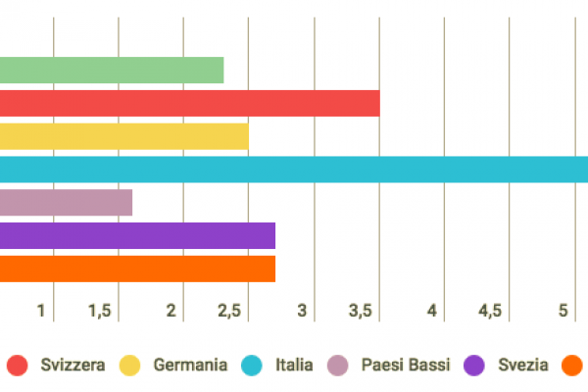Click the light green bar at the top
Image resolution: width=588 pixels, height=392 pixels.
click(x=112, y=71)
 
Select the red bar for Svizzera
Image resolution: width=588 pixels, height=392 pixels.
click(x=189, y=103)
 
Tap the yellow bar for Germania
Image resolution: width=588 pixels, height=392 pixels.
click(x=124, y=136)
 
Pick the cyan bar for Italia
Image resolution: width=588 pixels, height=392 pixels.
click(x=294, y=170)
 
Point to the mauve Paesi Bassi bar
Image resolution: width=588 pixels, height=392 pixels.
click(x=66, y=203)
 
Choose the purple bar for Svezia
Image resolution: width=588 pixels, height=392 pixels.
click(x=137, y=236)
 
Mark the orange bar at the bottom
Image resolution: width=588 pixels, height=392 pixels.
click(x=137, y=269)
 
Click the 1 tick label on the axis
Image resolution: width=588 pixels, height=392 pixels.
click(x=41, y=311)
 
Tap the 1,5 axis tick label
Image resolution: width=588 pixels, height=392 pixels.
click(x=99, y=311)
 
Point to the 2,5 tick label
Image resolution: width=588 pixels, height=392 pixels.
click(x=229, y=311)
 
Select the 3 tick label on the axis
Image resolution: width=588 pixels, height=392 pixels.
click(x=302, y=311)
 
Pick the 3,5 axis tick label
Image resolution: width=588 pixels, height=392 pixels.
click(x=360, y=311)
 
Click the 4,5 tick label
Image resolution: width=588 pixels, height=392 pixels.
click(x=490, y=311)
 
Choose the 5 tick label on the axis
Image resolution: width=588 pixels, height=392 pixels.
click(x=563, y=311)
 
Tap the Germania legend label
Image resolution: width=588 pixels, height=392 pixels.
click(x=190, y=366)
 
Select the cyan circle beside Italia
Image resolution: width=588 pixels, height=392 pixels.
click(x=253, y=366)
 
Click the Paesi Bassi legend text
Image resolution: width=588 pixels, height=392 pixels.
click(x=405, y=366)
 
